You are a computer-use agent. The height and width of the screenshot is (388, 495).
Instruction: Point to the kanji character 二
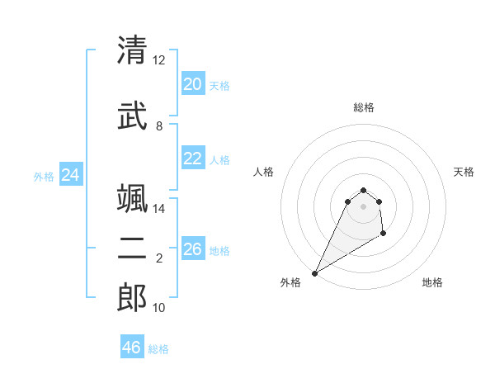132,249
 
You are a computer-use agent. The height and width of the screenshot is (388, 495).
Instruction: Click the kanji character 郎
132,298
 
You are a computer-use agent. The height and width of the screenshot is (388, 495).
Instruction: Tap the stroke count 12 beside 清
159,60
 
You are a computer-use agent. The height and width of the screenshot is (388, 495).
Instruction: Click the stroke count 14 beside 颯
159,209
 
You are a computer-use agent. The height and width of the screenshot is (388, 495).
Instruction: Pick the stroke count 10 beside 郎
159,308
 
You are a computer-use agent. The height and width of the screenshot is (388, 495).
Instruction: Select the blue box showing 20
192,84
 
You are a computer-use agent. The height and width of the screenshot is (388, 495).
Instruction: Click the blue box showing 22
192,159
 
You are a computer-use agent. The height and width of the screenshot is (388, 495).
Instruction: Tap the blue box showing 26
192,249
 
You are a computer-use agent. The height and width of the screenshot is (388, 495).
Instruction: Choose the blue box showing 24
70,175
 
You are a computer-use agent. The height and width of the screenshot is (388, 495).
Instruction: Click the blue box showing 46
131,348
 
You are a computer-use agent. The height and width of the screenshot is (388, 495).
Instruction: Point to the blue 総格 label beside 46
158,349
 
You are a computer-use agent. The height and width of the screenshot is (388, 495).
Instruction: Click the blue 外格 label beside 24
44,176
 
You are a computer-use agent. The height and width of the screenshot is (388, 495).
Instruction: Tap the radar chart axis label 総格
363,108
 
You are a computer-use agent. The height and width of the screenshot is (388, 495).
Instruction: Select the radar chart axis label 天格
464,172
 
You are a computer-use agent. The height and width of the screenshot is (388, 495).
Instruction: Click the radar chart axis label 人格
264,172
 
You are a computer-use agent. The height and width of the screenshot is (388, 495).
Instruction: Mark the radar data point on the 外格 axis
314,272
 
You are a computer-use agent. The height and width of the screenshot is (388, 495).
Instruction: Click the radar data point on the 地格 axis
383,234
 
